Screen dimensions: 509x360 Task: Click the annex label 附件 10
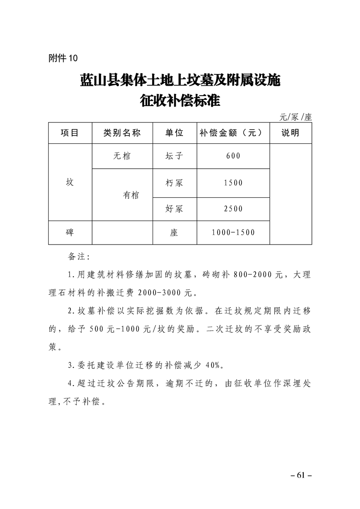pos(63,58)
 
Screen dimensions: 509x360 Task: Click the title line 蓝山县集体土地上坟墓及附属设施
pos(180,81)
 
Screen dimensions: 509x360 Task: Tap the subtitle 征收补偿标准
pos(180,100)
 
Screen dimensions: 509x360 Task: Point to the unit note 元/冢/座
pos(296,117)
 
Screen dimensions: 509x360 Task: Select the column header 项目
pos(69,133)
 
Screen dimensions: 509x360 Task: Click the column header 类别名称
pos(122,133)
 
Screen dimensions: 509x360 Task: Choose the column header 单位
pos(174,133)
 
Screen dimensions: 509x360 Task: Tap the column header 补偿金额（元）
pos(232,133)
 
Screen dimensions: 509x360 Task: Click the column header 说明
pos(291,133)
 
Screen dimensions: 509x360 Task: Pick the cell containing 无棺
pos(122,156)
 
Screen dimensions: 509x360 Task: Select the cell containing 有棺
pos(131,195)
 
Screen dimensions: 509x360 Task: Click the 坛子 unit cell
pos(174,156)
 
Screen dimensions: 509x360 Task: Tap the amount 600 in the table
pos(233,156)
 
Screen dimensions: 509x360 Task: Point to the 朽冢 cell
pos(174,183)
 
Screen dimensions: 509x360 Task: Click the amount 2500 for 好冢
pos(233,209)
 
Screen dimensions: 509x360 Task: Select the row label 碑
pos(69,232)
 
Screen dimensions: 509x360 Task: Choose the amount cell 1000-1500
pos(233,232)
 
